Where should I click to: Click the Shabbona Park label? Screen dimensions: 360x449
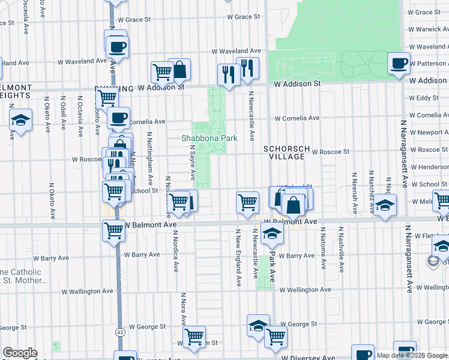click(x=209, y=138)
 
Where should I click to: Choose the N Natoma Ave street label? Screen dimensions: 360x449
click(x=323, y=248)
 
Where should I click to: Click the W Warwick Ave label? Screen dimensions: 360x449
click(x=428, y=28)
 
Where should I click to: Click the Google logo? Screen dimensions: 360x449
click(x=20, y=353)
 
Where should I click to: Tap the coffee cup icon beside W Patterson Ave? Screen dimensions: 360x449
click(x=399, y=63)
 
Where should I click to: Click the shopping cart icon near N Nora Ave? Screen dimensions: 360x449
click(x=194, y=337)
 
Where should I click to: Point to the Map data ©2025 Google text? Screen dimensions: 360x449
click(x=412, y=355)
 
